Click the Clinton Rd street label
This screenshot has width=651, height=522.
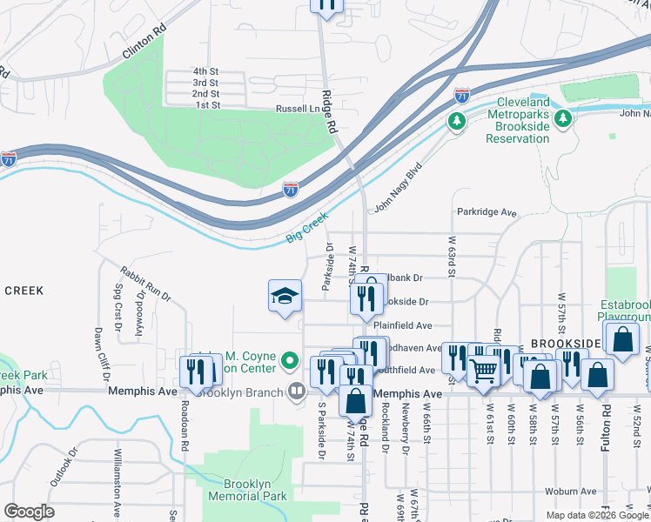point(144,42)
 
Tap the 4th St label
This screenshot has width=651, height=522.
point(205,70)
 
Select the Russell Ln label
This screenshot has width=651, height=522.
point(297,109)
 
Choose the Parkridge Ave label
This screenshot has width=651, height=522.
point(486,212)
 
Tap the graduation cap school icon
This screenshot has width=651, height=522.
point(285,298)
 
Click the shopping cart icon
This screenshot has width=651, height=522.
point(484,371)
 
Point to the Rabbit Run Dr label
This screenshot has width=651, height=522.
point(146,284)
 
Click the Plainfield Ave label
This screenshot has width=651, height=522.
point(403,325)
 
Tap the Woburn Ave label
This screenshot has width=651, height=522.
point(572,491)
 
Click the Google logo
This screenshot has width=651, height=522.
point(29,512)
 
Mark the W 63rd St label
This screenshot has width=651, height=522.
point(452,257)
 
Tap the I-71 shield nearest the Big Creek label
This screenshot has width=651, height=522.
point(291,188)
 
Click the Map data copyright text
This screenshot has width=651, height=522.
point(597,515)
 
